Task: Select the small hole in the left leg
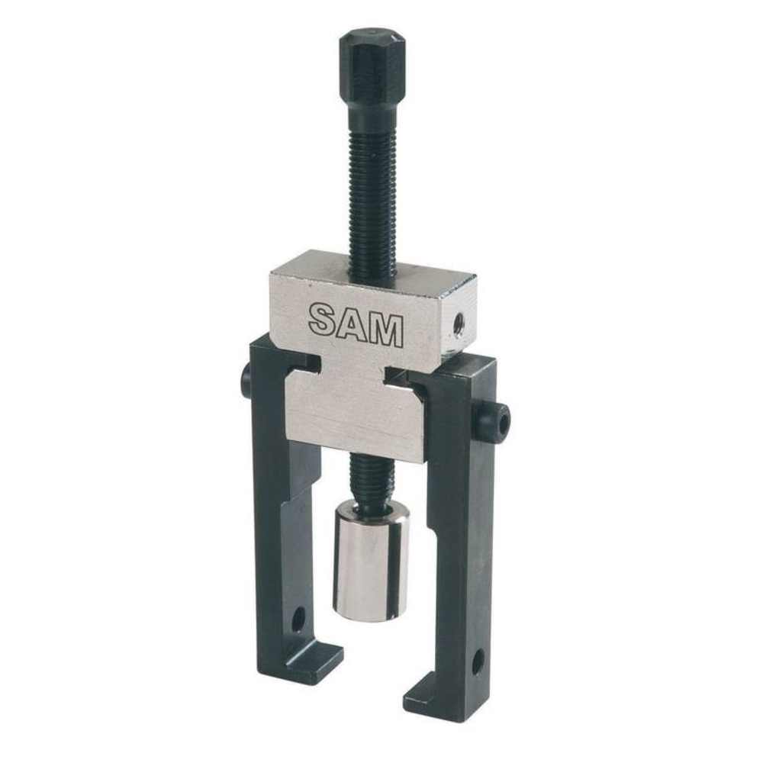pyautogui.click(x=298, y=620)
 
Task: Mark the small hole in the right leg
pyautogui.click(x=478, y=661)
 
